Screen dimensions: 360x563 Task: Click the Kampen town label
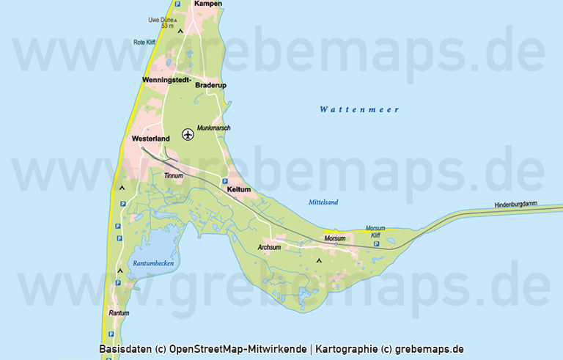(x=208, y=4)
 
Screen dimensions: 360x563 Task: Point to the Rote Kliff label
(x=145, y=43)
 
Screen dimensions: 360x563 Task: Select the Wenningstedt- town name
(x=166, y=78)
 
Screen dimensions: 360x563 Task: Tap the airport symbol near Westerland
(x=188, y=134)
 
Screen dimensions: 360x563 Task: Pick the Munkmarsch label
(x=214, y=128)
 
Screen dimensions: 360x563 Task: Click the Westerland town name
(x=151, y=138)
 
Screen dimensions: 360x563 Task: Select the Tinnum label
(x=173, y=177)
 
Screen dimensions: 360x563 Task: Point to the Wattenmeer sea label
(x=359, y=110)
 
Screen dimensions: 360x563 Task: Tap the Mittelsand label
(x=323, y=202)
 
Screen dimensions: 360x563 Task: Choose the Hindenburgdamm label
(x=517, y=205)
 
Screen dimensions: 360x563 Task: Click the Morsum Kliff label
(x=375, y=232)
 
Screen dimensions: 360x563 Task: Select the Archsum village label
(x=269, y=247)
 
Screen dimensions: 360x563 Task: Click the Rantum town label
(x=119, y=313)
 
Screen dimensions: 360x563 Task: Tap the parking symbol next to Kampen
(x=177, y=4)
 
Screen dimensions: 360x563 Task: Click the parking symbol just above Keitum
(x=224, y=181)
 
